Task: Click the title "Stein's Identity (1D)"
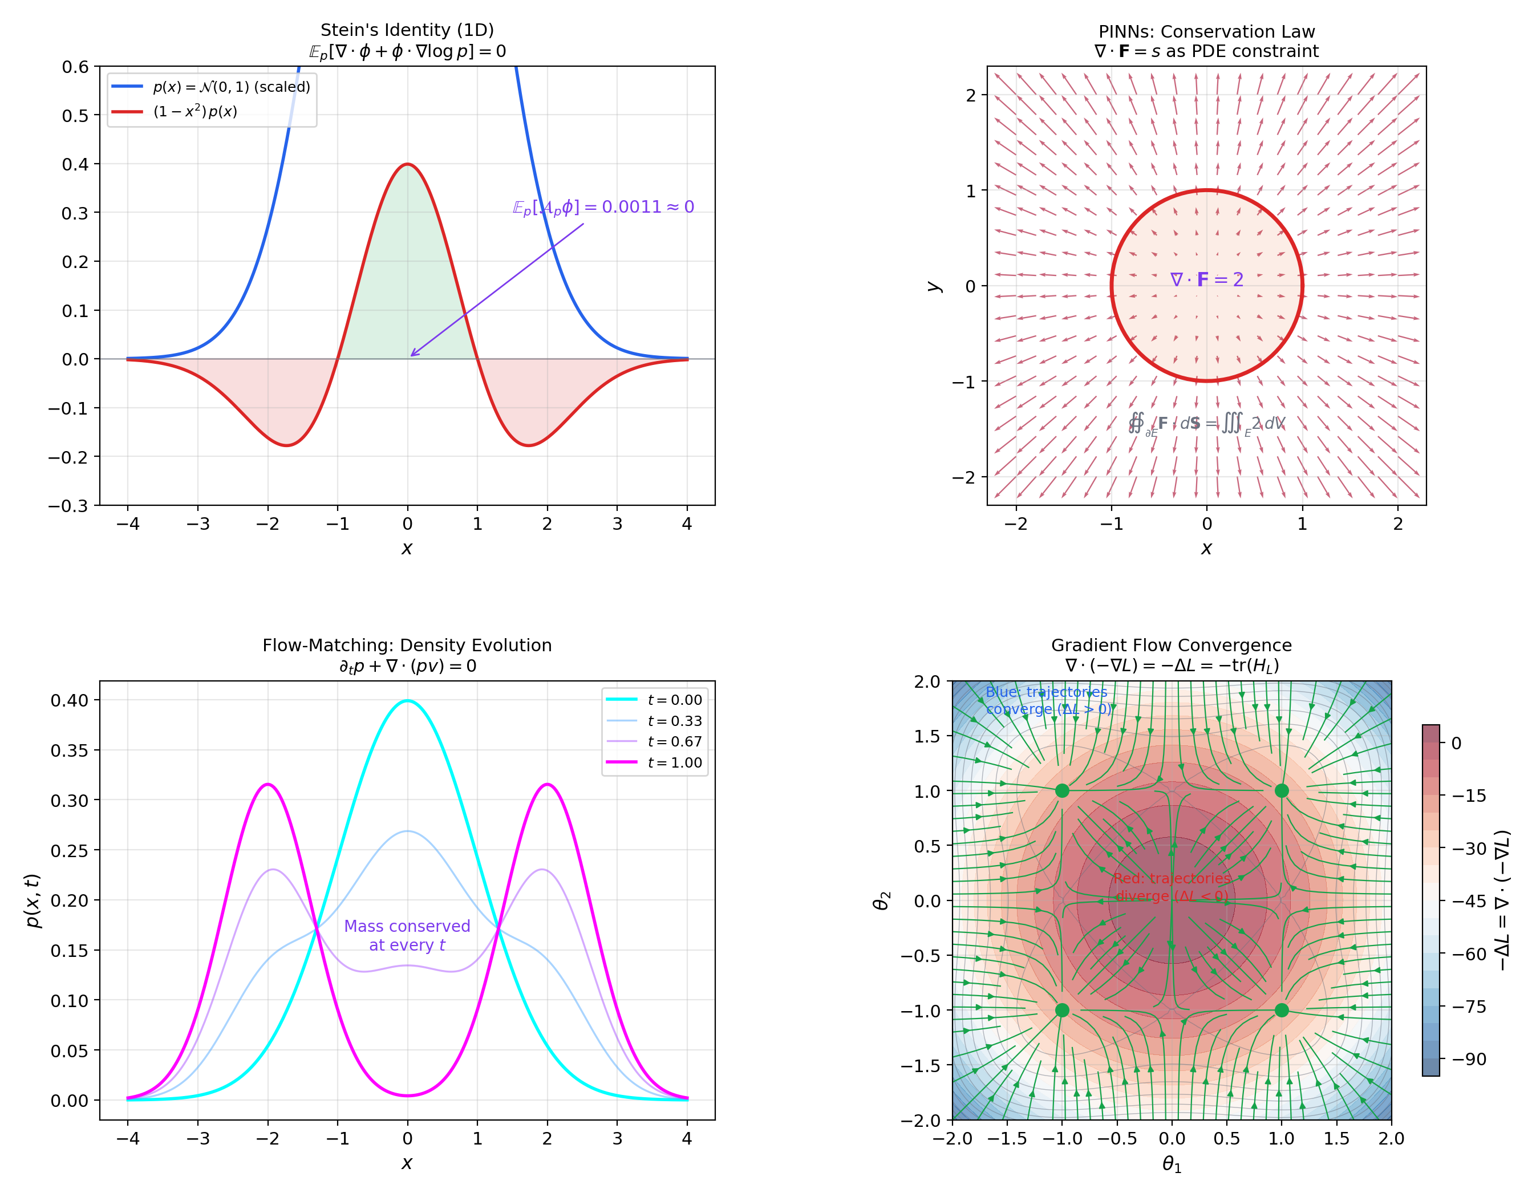pyautogui.click(x=407, y=30)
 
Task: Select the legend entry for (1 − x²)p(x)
pyautogui.click(x=195, y=112)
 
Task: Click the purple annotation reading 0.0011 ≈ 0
pyautogui.click(x=603, y=207)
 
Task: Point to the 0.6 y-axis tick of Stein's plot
pyautogui.click(x=75, y=67)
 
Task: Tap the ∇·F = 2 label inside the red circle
pyautogui.click(x=1206, y=280)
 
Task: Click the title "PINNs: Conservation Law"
pyautogui.click(x=1206, y=31)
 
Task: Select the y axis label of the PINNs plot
pyautogui.click(x=933, y=286)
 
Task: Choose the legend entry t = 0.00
pyautogui.click(x=674, y=700)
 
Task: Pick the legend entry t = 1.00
pyautogui.click(x=674, y=762)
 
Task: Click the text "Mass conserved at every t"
pyautogui.click(x=407, y=935)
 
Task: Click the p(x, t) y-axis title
pyautogui.click(x=33, y=900)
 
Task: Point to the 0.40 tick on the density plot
pyautogui.click(x=70, y=700)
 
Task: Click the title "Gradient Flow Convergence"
pyautogui.click(x=1171, y=645)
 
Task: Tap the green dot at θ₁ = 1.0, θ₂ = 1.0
pyautogui.click(x=1282, y=790)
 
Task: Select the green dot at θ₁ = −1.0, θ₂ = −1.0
pyautogui.click(x=1062, y=1010)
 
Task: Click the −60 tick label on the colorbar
pyautogui.click(x=1470, y=955)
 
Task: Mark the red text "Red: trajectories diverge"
pyautogui.click(x=1172, y=887)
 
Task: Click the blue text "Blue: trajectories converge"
pyautogui.click(x=1048, y=700)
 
